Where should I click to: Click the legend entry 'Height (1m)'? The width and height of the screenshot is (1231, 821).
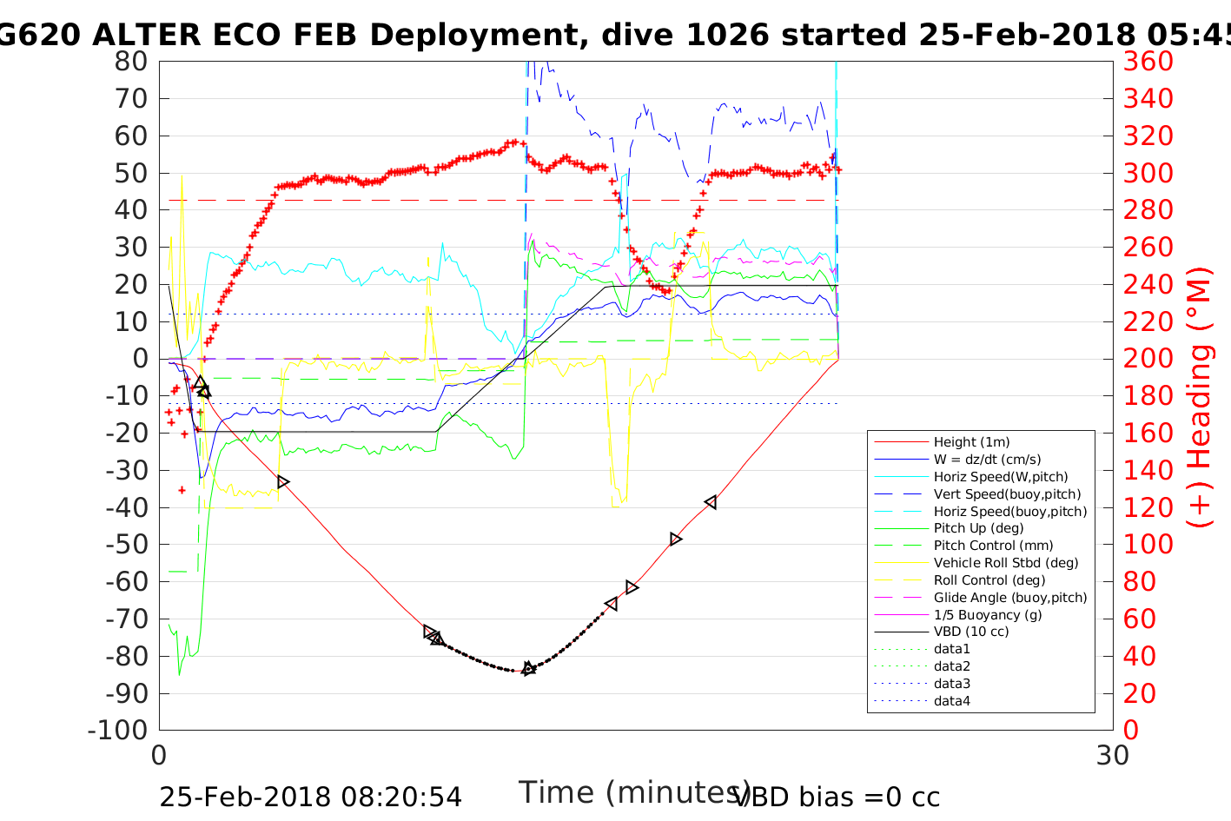click(971, 442)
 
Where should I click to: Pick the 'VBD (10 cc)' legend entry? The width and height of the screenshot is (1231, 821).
click(971, 632)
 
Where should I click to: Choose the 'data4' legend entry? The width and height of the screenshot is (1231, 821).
click(951, 701)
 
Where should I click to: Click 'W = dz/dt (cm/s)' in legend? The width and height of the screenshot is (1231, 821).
click(987, 460)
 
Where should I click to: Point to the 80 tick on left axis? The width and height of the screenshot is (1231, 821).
click(131, 62)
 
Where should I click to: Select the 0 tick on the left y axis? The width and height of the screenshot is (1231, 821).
click(140, 359)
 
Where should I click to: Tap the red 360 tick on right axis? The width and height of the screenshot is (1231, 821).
click(1148, 62)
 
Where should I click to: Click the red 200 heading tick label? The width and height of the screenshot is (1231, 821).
click(1148, 359)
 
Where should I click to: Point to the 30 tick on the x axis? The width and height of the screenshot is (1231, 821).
click(1112, 755)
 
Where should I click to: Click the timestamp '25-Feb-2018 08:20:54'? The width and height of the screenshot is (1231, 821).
click(310, 797)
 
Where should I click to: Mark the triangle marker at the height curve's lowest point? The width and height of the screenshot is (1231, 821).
click(528, 668)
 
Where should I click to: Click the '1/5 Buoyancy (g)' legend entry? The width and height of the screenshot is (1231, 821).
click(988, 615)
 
